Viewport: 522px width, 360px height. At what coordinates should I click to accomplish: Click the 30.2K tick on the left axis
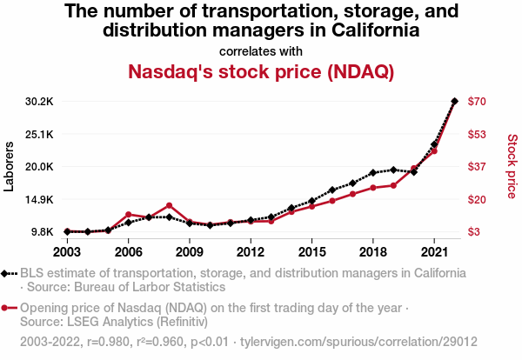[39, 101]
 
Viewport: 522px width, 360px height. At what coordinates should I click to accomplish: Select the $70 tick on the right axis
[478, 101]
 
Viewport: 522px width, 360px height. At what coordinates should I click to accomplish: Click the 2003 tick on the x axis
[67, 252]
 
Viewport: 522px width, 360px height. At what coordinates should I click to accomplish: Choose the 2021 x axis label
[434, 252]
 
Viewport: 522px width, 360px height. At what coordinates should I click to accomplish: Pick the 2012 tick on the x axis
[251, 252]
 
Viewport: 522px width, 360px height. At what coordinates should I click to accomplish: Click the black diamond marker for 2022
[454, 101]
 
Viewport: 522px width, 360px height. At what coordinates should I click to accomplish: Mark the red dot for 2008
[169, 206]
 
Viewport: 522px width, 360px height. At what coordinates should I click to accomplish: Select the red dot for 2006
[128, 214]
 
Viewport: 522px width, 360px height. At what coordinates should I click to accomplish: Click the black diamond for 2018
[372, 173]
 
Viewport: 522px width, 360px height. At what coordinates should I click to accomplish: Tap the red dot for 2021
[434, 151]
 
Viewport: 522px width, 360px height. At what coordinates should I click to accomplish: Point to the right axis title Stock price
[512, 165]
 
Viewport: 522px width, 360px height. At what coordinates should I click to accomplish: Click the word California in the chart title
[375, 30]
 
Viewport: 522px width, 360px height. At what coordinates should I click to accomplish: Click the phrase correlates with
[261, 50]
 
